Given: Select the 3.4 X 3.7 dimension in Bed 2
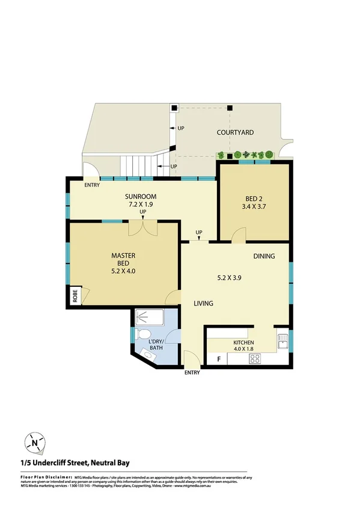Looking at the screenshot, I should [x=253, y=207].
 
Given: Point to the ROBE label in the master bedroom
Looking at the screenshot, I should [x=75, y=295].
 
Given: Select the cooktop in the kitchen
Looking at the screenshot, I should [x=254, y=358].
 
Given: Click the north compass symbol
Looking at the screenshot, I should [x=35, y=444].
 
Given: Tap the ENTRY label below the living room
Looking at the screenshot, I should [x=192, y=373].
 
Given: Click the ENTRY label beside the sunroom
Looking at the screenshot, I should [x=92, y=185].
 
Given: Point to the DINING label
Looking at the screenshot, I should [x=264, y=256].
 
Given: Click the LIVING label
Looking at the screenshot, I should [x=203, y=303].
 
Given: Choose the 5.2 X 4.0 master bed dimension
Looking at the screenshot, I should [x=123, y=271].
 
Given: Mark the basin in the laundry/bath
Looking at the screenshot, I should [x=148, y=355].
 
